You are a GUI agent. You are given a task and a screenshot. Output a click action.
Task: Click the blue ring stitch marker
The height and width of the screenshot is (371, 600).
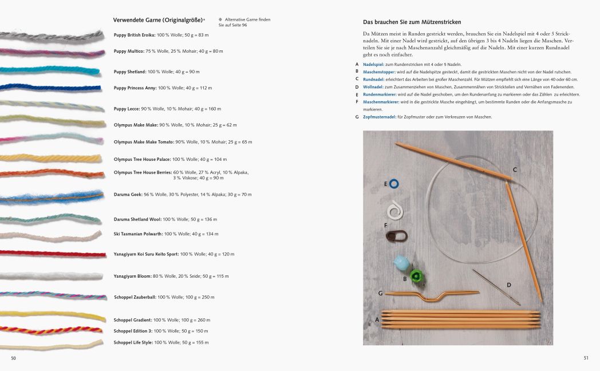click(394, 183)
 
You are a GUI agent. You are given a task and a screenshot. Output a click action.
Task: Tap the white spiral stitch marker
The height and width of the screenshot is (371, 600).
click(394, 211)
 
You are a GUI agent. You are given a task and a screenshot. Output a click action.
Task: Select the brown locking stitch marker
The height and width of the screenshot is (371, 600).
click(394, 235)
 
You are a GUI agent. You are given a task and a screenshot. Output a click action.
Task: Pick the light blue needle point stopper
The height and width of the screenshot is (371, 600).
click(401, 263)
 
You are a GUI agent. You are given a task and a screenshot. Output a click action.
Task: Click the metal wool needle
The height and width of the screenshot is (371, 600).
click(496, 286)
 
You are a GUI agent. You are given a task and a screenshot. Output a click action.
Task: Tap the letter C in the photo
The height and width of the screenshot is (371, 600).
click(515, 169)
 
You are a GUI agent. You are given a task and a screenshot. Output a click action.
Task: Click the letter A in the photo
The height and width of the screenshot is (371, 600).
click(377, 319)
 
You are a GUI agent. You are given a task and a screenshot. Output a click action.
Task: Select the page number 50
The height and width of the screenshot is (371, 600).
click(14, 358)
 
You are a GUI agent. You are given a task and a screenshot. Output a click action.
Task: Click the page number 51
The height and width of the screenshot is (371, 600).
click(586, 358)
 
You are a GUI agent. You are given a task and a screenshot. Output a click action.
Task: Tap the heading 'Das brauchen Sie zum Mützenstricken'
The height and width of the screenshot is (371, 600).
click(412, 22)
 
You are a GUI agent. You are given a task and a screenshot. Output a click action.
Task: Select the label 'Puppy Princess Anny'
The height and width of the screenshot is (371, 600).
click(135, 88)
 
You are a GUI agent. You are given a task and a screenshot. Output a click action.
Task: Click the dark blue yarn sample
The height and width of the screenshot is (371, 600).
click(52, 87)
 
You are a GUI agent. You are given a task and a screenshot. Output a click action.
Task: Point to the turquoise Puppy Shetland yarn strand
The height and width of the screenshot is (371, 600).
click(52, 70)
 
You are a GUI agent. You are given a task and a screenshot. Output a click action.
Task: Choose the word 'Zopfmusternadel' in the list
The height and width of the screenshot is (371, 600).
click(380, 117)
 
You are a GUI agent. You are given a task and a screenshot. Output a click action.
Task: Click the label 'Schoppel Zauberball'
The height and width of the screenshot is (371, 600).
click(135, 297)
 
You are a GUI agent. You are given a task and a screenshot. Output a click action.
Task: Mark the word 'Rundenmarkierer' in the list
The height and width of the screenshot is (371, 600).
click(381, 94)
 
